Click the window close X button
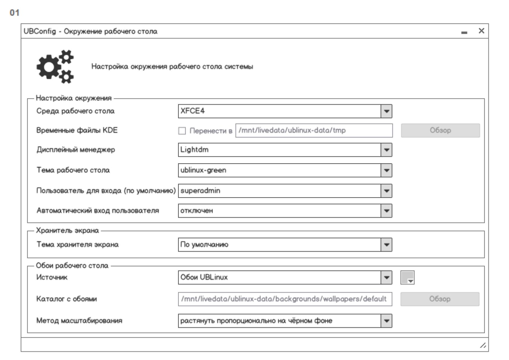481,31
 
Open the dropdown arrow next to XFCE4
386,111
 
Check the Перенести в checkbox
182,131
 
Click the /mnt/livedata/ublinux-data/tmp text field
314,131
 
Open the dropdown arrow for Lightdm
386,150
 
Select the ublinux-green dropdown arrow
386,170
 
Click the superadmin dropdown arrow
386,191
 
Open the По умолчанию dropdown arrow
386,245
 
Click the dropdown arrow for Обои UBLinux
386,278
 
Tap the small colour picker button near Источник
407,278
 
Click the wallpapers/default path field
285,299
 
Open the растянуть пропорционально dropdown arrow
386,321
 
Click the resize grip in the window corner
483,345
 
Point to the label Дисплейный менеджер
76,150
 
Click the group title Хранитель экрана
67,231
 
